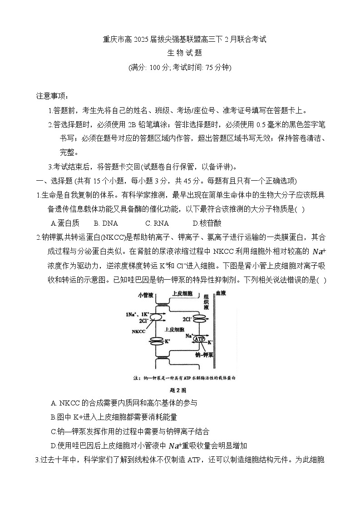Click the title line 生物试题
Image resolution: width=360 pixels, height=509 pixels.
click(x=180, y=53)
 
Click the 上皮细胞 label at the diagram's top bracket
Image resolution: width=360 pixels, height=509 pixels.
click(x=183, y=294)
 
